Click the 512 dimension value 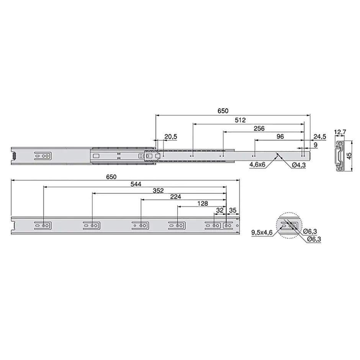point(240,120)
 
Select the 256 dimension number point(259,128)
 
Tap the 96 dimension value point(280,137)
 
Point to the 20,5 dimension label point(171,137)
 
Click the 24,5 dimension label point(320,137)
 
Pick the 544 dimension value point(136,184)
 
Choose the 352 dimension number point(158,191)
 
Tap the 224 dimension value point(176,197)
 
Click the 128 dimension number point(203,203)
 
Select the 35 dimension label point(232,210)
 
